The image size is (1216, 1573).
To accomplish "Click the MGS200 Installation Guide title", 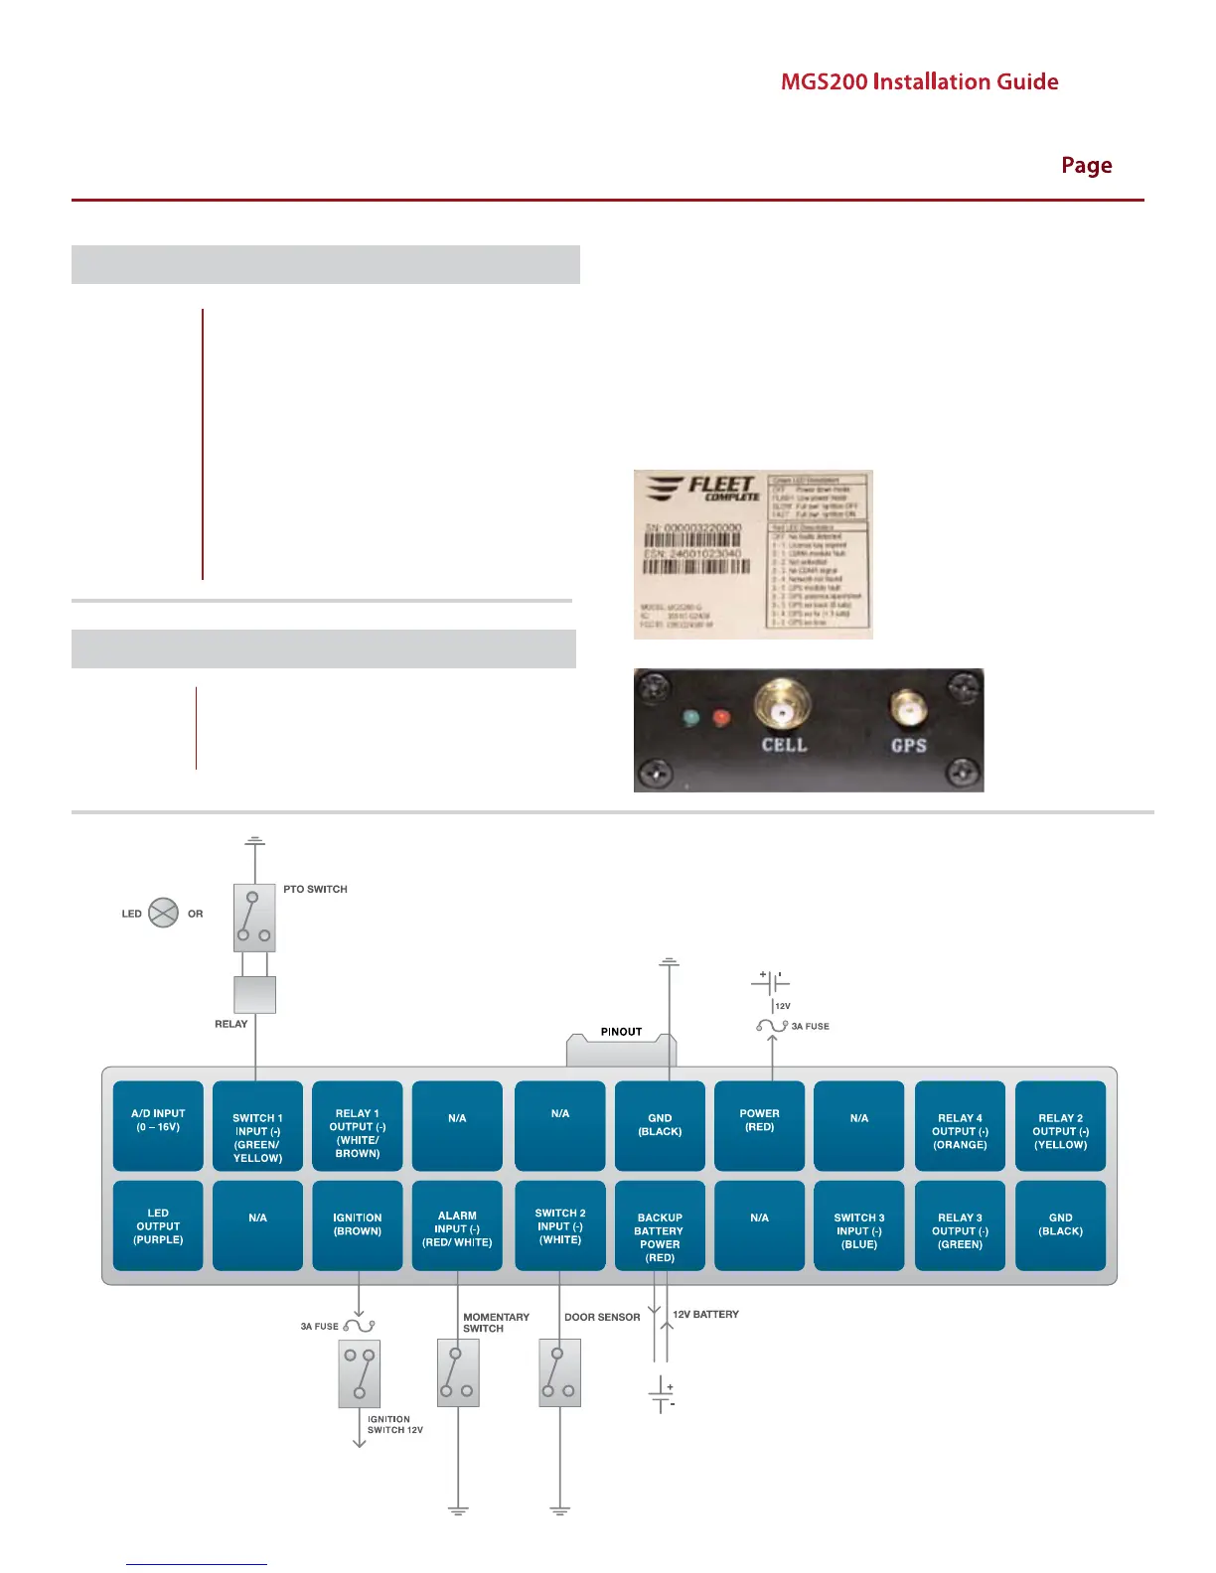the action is pos(919,81).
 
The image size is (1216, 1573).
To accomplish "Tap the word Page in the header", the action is pos(1086,165).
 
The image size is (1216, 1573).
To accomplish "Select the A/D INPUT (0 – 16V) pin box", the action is pos(158,1125).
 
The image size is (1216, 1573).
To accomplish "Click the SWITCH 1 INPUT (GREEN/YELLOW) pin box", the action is pos(257,1126).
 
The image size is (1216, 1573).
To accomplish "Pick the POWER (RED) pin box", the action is pos(759,1125).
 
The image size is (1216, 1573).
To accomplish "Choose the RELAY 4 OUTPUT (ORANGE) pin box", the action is pos(960,1125).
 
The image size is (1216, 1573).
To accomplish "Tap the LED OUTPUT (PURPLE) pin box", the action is pos(158,1225).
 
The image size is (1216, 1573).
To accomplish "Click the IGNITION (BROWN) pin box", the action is pos(358,1225).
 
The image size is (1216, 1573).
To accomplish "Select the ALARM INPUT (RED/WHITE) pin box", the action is pos(457,1225).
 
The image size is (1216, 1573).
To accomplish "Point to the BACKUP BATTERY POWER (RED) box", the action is pos(660,1225).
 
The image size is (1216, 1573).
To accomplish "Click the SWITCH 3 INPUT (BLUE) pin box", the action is pos(859,1225).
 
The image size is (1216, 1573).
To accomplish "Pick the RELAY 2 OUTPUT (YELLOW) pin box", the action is pos(1060,1125).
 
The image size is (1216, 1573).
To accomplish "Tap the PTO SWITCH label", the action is pos(315,889).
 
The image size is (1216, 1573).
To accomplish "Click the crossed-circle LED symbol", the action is pos(163,913).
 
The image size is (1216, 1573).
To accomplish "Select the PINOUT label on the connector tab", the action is pos(621,1032).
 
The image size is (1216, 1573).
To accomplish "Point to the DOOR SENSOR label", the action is pos(602,1317).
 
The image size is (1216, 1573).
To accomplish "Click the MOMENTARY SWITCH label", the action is pos(496,1323).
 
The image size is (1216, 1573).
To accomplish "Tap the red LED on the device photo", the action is pos(721,717).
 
